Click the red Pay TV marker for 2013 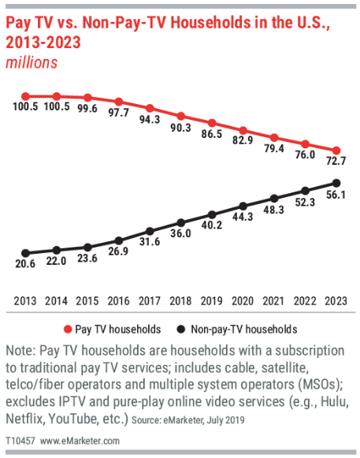[x=26, y=96]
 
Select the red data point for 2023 [x=336, y=151]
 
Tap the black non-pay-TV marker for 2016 [x=119, y=241]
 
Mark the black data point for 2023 [x=336, y=184]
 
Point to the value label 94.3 [x=150, y=119]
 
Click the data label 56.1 [x=336, y=195]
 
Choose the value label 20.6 [x=25, y=264]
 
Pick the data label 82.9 [x=243, y=140]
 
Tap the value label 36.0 [x=180, y=233]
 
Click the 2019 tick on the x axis [x=212, y=301]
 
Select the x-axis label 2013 [x=25, y=301]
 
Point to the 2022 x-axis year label [x=305, y=301]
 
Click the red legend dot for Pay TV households [x=68, y=330]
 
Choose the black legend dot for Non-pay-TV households [x=181, y=330]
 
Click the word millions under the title [x=32, y=62]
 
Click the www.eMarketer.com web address [x=80, y=441]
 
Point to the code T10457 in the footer [x=20, y=441]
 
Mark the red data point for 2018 [x=181, y=116]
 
